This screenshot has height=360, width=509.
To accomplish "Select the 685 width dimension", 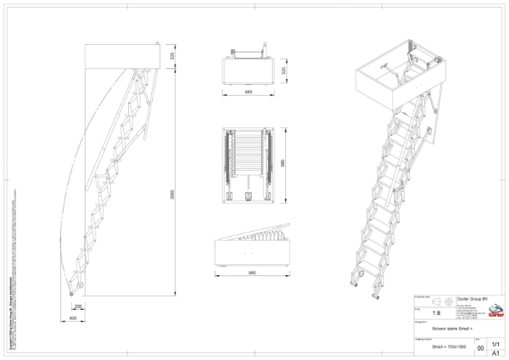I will point(248,91).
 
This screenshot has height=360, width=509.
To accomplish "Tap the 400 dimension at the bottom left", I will point(73,317).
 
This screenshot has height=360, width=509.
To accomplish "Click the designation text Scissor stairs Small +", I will point(450,327).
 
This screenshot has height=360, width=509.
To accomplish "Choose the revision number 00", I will point(480,348).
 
